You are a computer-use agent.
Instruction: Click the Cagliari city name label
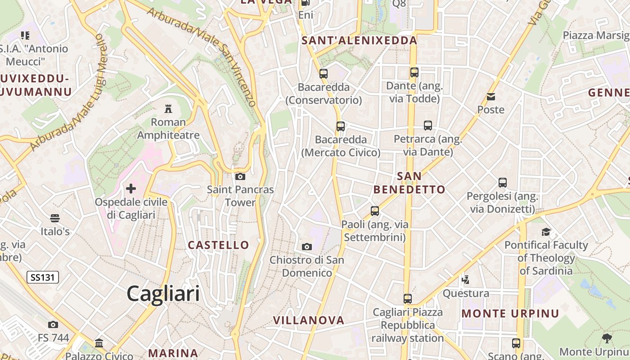(x=163, y=293)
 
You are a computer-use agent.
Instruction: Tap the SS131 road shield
(x=43, y=277)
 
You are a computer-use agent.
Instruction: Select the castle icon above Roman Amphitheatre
(x=168, y=108)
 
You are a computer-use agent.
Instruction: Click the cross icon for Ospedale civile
(x=131, y=188)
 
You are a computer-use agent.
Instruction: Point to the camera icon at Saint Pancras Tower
(x=240, y=176)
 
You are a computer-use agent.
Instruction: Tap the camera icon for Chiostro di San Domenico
(x=307, y=247)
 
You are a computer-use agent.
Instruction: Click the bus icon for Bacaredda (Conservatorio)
(x=324, y=73)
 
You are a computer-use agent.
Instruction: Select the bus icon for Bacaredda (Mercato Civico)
(x=341, y=126)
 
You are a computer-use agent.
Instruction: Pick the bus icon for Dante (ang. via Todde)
(x=414, y=72)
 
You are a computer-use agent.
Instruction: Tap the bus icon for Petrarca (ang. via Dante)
(x=427, y=126)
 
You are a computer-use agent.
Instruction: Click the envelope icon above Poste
(x=490, y=96)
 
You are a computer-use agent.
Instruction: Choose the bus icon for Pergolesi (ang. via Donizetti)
(x=503, y=183)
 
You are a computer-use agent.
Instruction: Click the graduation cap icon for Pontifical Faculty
(x=546, y=232)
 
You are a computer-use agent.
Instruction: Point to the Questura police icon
(x=466, y=280)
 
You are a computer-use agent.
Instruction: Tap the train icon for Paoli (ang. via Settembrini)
(x=374, y=211)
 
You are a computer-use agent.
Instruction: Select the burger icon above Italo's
(x=55, y=218)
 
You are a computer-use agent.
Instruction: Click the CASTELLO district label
(x=218, y=245)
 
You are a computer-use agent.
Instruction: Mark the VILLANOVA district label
(x=309, y=320)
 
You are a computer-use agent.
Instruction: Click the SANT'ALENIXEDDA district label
(x=359, y=40)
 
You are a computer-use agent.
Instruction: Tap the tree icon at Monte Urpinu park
(x=607, y=338)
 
